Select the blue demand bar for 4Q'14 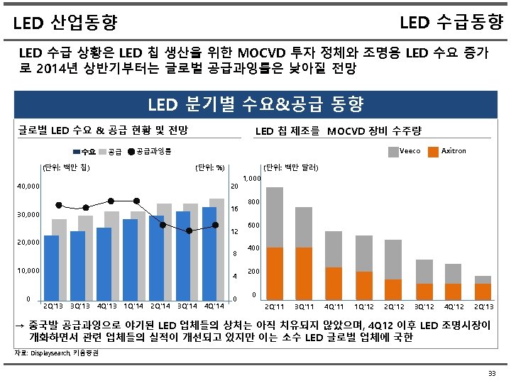pyautogui.click(x=209, y=252)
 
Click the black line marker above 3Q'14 pyautogui.click(x=189, y=231)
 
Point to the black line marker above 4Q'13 pyautogui.click(x=111, y=201)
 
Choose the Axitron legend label pyautogui.click(x=454, y=150)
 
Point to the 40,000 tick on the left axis pyautogui.click(x=28, y=187)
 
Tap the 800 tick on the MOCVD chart pyautogui.click(x=252, y=202)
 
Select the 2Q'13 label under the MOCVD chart pyautogui.click(x=483, y=306)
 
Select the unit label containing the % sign pyautogui.click(x=210, y=168)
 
